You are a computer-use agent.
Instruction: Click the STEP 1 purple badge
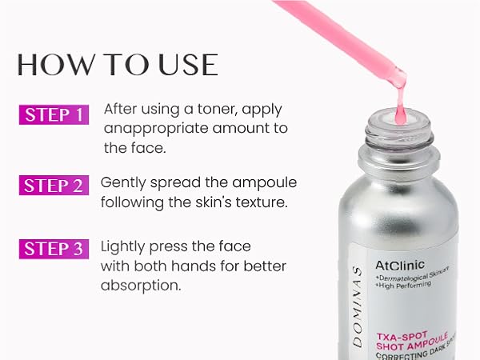[x=52, y=114]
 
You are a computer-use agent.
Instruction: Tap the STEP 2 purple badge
[x=52, y=186]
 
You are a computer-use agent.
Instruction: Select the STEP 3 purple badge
[x=52, y=249]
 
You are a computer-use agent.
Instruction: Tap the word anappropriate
[x=154, y=129]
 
